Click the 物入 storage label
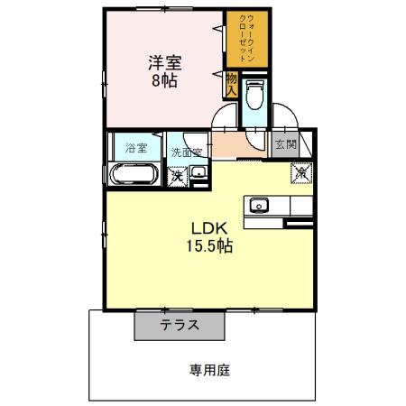tap(231, 86)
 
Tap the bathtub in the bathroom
tap(134, 173)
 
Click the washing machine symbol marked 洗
tap(177, 175)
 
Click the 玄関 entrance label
tap(285, 143)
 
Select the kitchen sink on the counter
tap(260, 205)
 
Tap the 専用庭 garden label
tap(207, 368)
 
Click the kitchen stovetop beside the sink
tap(300, 205)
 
